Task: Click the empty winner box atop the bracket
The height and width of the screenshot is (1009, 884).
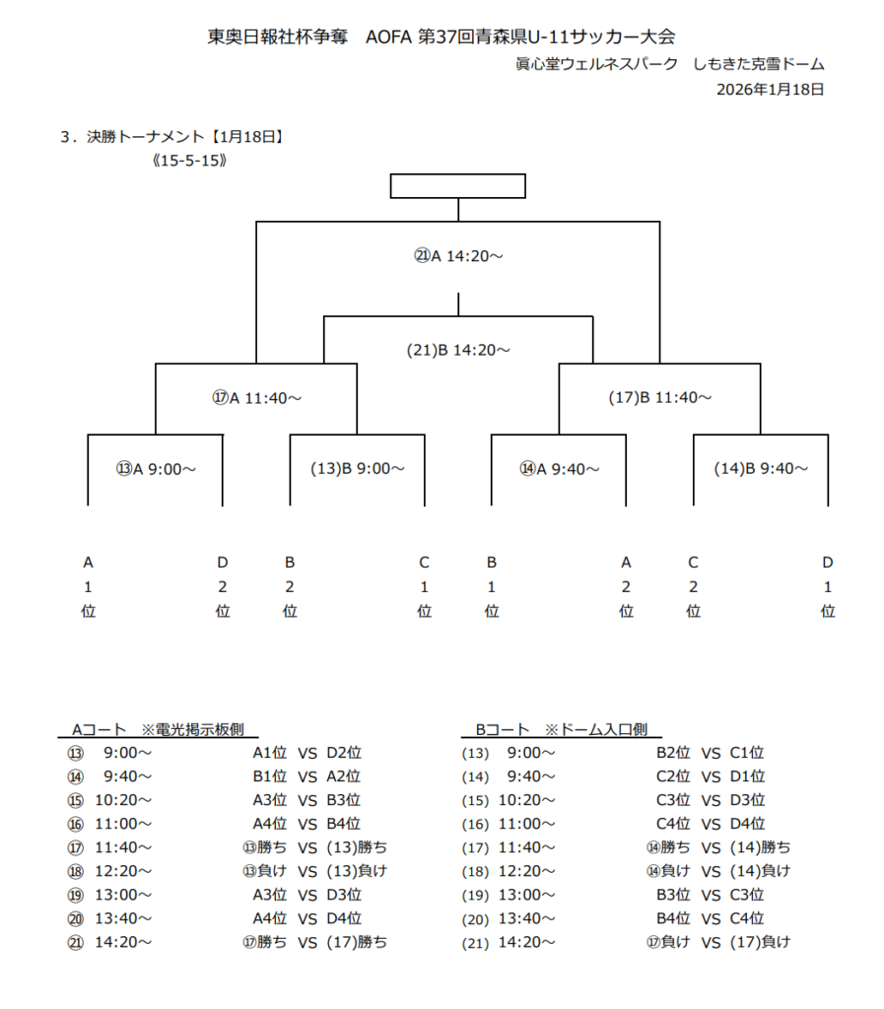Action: (x=457, y=186)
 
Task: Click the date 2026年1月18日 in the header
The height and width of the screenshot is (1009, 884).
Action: (x=770, y=89)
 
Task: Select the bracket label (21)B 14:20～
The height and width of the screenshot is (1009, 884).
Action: (x=458, y=350)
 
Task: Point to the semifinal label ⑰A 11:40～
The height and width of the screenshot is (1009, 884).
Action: (x=256, y=398)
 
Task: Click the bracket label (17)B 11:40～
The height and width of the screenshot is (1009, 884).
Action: (x=659, y=398)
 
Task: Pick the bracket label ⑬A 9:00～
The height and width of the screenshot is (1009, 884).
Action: (x=156, y=469)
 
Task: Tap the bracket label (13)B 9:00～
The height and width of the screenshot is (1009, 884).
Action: (x=357, y=469)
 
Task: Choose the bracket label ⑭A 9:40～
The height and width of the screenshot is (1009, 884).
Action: (x=559, y=469)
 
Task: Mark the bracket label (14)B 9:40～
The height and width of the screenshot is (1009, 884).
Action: (x=761, y=469)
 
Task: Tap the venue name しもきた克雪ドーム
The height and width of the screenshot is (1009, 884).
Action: (x=759, y=64)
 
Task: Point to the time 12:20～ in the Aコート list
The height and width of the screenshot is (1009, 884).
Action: (x=123, y=871)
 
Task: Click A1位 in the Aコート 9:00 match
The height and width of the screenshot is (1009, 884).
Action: (x=269, y=753)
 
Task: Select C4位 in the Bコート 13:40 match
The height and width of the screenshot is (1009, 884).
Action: (x=747, y=918)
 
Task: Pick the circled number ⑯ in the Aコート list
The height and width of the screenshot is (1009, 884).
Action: (x=76, y=824)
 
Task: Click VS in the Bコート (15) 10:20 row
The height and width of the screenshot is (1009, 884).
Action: (x=712, y=800)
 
